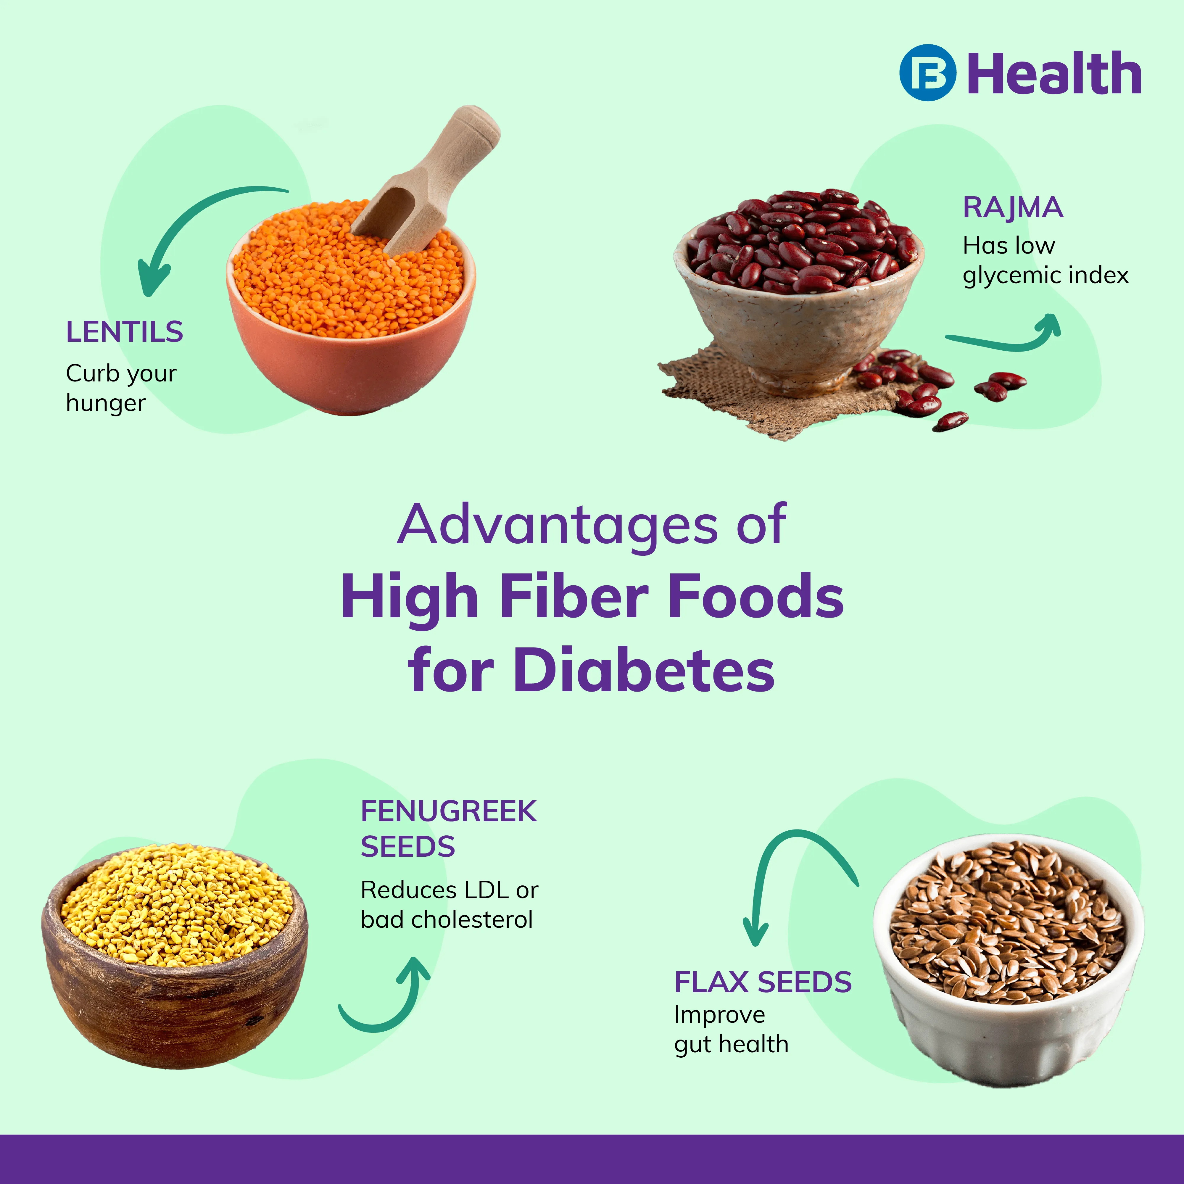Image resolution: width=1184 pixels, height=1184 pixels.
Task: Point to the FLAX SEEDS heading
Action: pyautogui.click(x=763, y=982)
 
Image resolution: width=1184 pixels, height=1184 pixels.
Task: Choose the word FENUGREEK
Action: pyautogui.click(x=449, y=811)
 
